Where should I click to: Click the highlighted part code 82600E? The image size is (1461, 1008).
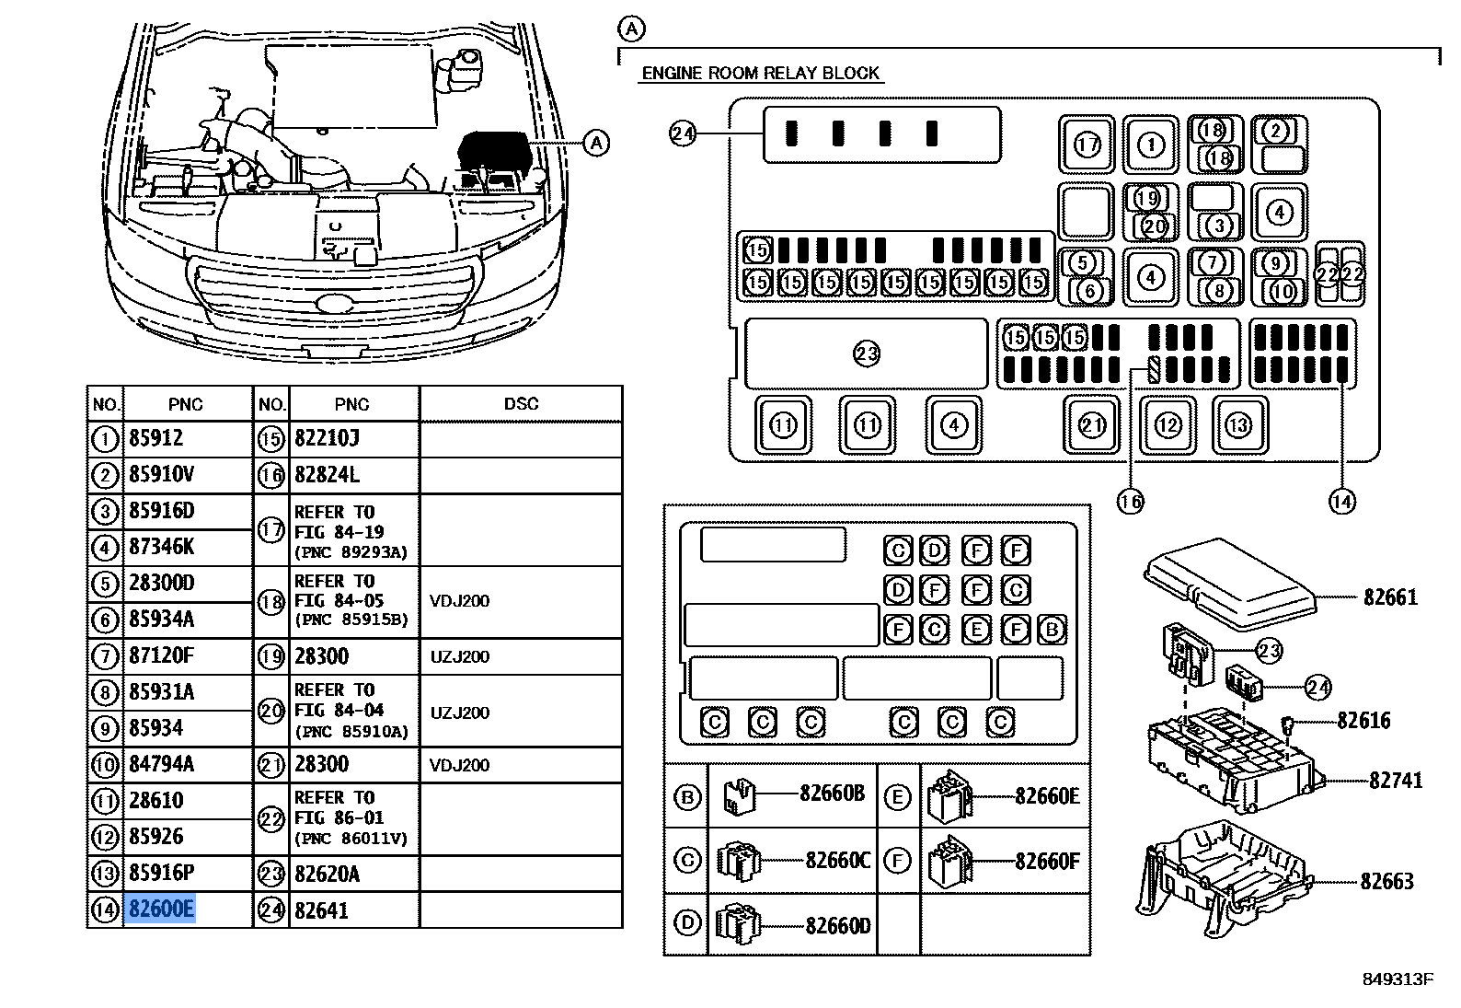[x=161, y=910]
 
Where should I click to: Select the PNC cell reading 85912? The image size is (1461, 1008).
[x=156, y=438]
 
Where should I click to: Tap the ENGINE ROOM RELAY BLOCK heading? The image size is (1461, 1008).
[x=760, y=74]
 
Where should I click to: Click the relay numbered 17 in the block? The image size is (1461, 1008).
[x=1087, y=145]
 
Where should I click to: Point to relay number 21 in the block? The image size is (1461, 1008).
[x=1092, y=425]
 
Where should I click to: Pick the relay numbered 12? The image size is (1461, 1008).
[x=1168, y=425]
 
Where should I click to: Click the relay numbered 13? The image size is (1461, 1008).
[x=1238, y=425]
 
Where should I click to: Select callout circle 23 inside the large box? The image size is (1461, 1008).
[x=867, y=353]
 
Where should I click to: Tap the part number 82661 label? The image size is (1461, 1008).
[x=1390, y=597]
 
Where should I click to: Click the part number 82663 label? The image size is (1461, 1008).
[x=1386, y=882]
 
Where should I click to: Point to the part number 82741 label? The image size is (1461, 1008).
[x=1396, y=781]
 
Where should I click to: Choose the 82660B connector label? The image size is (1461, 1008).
[x=832, y=794]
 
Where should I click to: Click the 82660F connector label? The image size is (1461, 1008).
[x=1047, y=862]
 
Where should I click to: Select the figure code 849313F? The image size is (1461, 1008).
[x=1398, y=979]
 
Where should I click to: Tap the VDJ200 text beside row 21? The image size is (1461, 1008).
[x=459, y=765]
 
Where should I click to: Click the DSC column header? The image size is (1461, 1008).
[x=521, y=404]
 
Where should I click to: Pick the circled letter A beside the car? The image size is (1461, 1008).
[x=597, y=143]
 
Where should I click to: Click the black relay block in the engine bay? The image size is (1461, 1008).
[x=493, y=151]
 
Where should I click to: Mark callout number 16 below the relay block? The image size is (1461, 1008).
[x=1130, y=502]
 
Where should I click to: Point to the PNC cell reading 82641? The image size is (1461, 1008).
[x=321, y=910]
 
